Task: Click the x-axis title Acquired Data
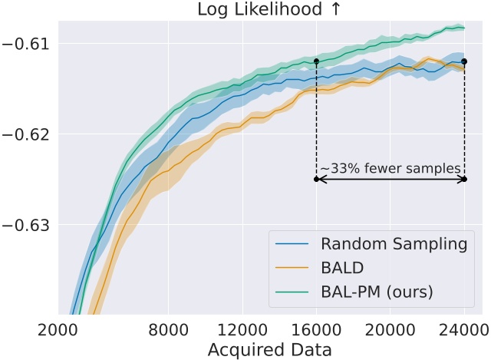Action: (x=269, y=349)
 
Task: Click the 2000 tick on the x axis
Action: (x=58, y=331)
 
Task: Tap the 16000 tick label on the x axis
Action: (x=316, y=331)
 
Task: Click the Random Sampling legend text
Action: (x=394, y=245)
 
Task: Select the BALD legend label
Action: (x=342, y=269)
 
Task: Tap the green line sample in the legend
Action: (x=293, y=292)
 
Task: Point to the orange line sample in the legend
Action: (x=293, y=269)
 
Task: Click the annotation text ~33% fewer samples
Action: (x=390, y=168)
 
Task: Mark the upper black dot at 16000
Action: (x=316, y=61)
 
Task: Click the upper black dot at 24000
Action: (x=464, y=61)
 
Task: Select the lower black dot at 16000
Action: (x=316, y=180)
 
